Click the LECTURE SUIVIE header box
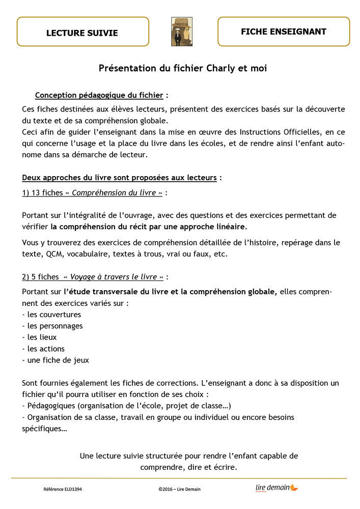coord(82,32)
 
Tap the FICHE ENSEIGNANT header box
coord(284,32)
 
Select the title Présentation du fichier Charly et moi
coord(182,68)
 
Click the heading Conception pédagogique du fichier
coord(99,95)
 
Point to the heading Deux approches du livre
coord(120,178)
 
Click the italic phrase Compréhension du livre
coord(118,192)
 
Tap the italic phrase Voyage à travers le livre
coord(114,277)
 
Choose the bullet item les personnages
coord(52,326)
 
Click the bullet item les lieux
coord(40,337)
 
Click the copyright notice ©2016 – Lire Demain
coord(180,489)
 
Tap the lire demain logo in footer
coord(276,488)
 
